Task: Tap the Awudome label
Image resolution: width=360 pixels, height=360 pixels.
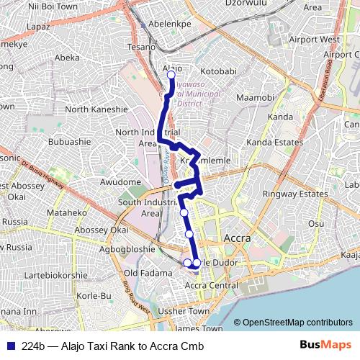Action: coord(121,182)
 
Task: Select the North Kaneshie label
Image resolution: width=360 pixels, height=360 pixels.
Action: coord(96,109)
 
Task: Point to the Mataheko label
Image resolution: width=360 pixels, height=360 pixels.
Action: coord(66,213)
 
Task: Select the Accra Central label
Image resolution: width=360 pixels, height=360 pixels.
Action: coord(212,286)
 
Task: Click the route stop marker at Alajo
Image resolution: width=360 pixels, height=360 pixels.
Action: coord(171,74)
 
